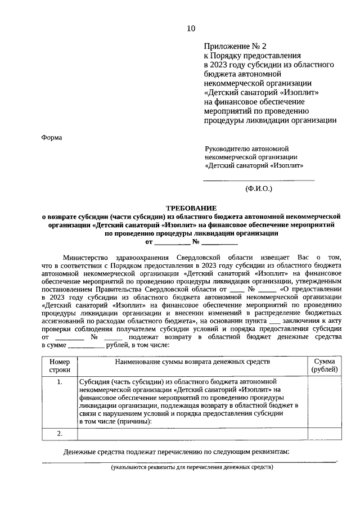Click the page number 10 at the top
(x=191, y=29)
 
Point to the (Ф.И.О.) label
(x=258, y=189)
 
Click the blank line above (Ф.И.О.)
(x=258, y=179)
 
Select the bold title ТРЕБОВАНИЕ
(x=191, y=208)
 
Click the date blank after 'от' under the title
(x=172, y=243)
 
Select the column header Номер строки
(x=60, y=365)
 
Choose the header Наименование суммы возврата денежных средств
(x=192, y=361)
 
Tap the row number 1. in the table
(x=60, y=382)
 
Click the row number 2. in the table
(x=60, y=433)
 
